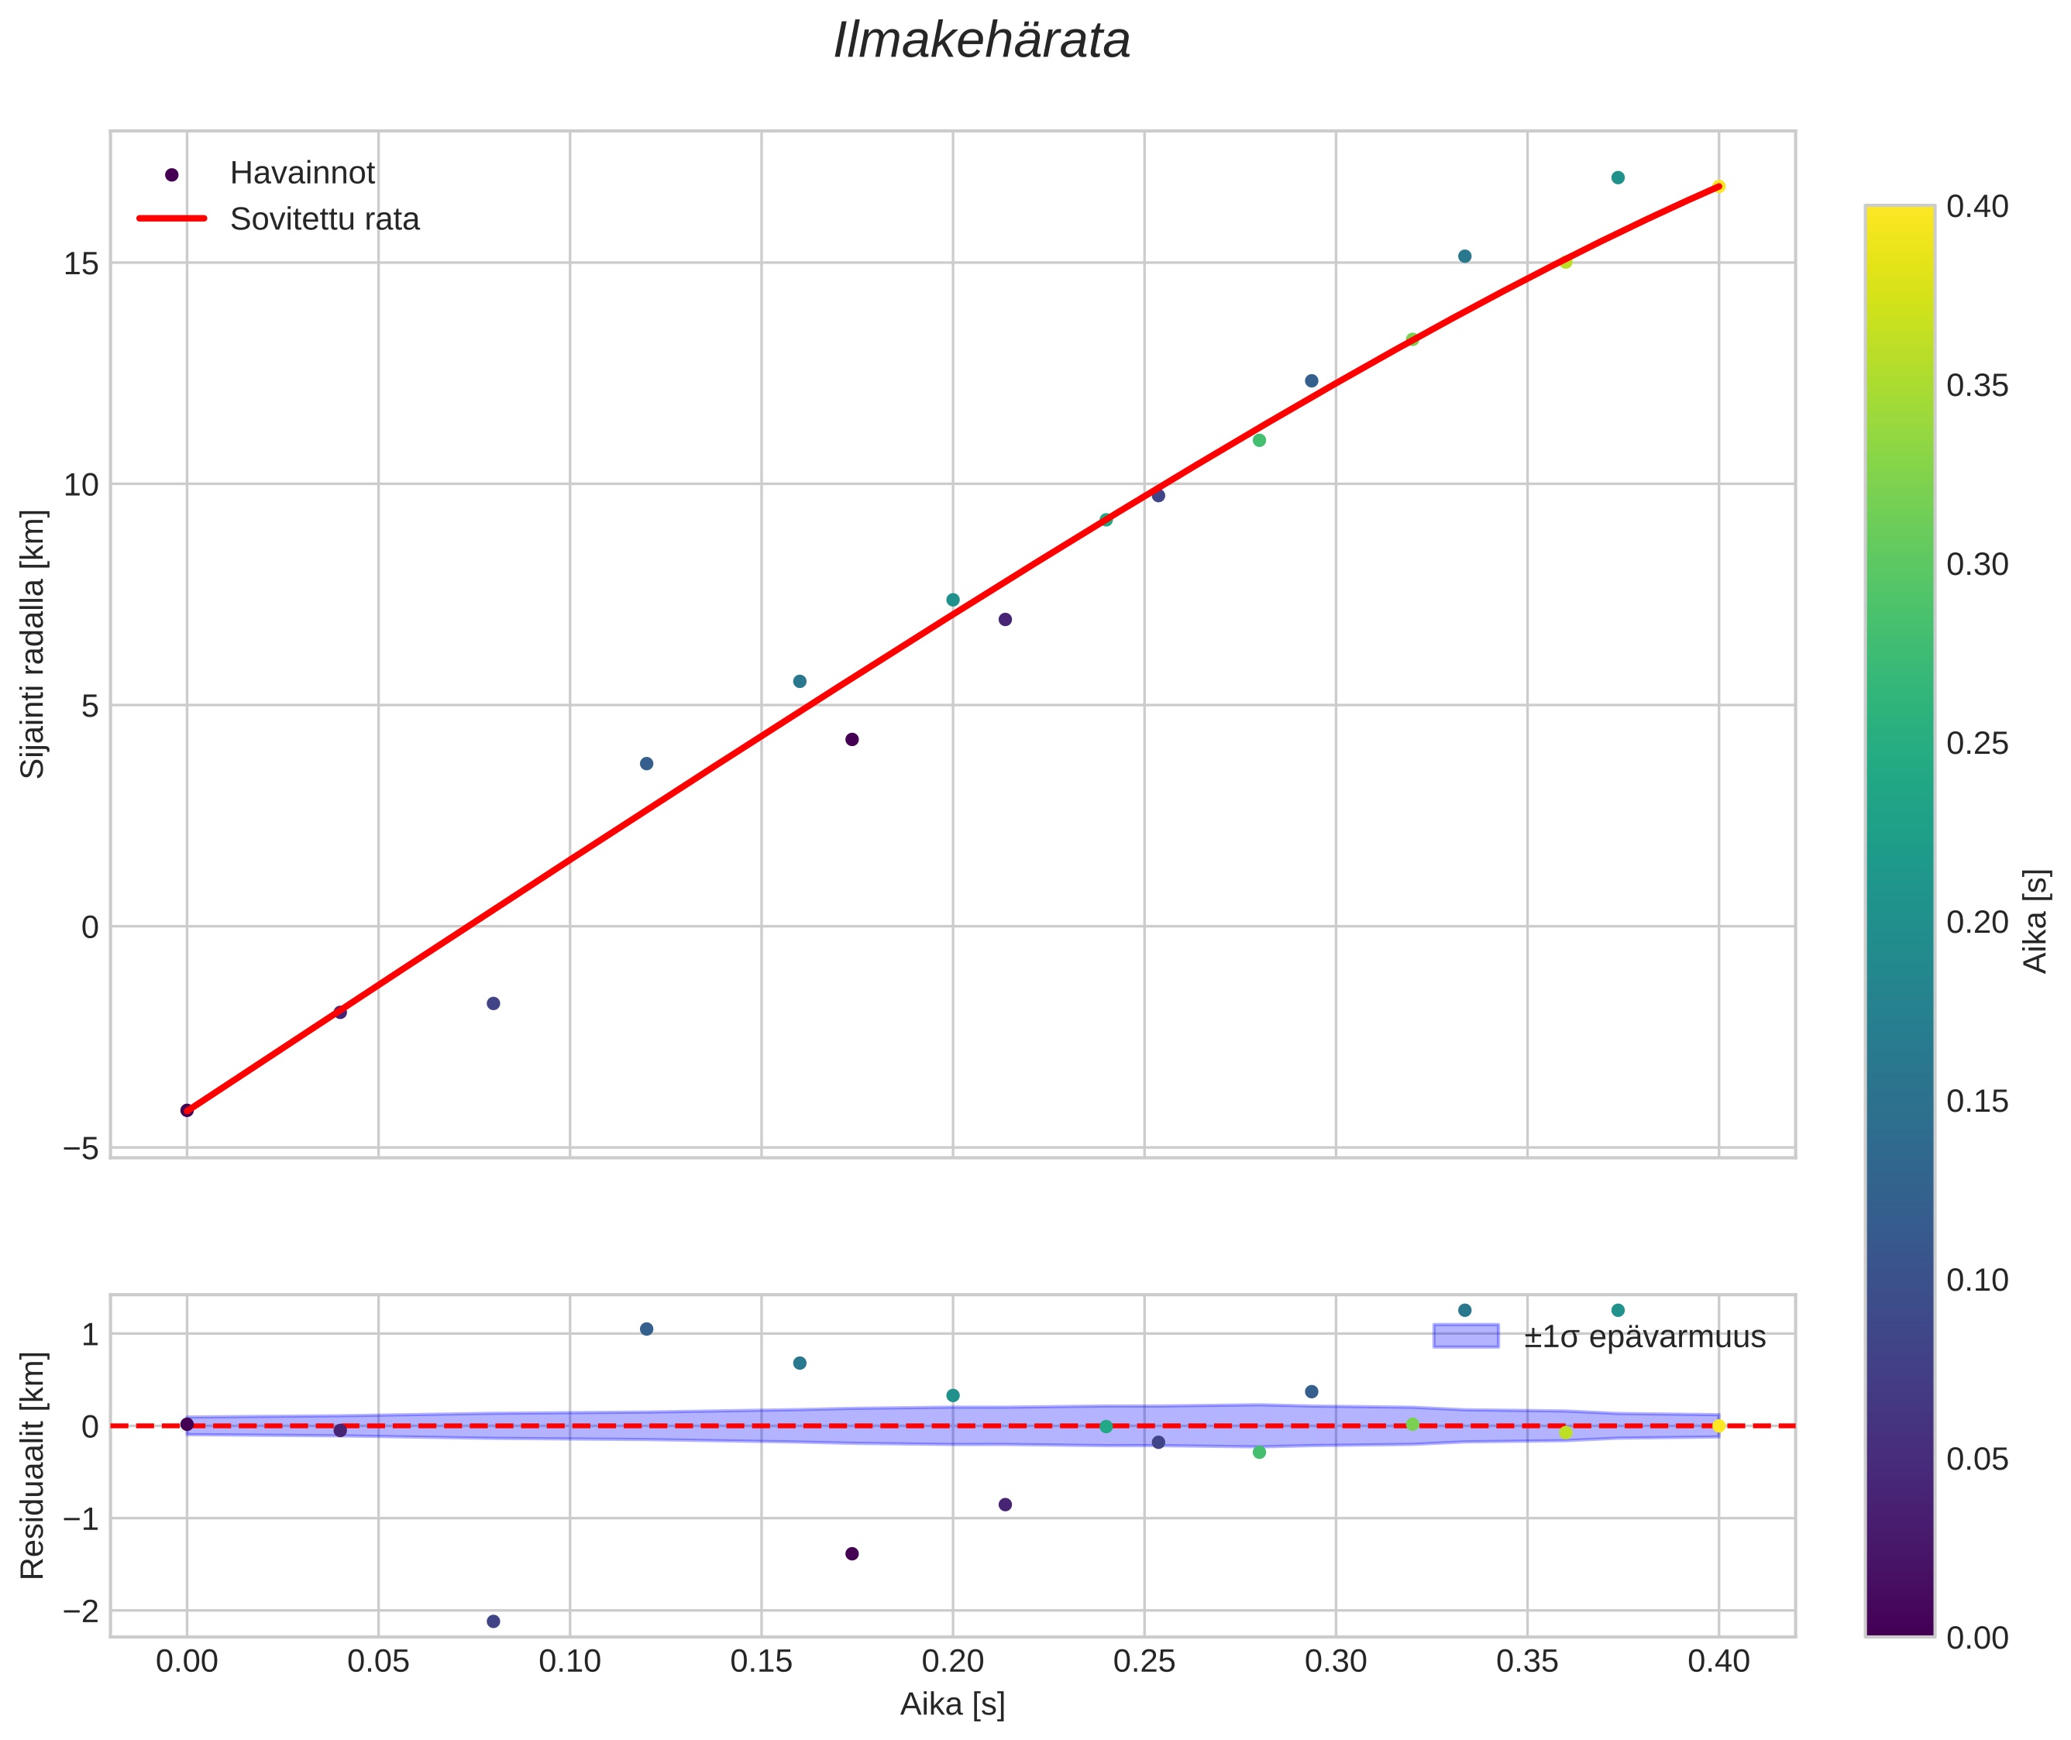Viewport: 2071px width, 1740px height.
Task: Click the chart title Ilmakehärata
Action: point(981,41)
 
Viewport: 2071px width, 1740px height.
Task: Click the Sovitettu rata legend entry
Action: point(325,219)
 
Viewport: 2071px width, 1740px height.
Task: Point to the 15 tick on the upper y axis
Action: point(81,263)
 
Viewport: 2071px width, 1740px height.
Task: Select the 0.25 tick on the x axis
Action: point(1144,1662)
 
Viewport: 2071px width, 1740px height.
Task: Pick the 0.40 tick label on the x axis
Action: point(1718,1662)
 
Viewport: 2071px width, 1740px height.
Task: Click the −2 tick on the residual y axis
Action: point(81,1611)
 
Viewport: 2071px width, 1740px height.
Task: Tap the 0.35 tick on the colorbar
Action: point(1977,386)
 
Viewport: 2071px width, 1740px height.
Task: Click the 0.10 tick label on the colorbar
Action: point(1977,1281)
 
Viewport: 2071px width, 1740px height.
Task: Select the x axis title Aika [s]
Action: point(952,1704)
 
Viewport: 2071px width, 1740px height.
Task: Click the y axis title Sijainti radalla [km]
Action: point(33,644)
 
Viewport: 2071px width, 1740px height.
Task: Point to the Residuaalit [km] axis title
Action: point(33,1465)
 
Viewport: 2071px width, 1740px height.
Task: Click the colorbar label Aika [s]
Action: point(2036,920)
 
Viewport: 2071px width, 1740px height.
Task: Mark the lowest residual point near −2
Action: point(494,1621)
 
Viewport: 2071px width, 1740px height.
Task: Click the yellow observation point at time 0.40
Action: point(1718,187)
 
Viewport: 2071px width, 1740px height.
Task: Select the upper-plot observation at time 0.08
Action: point(494,1003)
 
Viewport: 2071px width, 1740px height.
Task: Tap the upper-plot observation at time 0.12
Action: point(646,763)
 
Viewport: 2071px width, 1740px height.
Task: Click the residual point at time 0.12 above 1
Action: point(646,1329)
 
